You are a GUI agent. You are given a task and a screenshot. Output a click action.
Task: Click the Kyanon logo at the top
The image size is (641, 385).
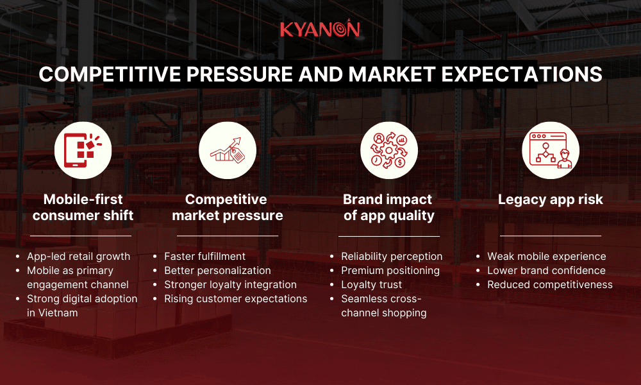(320, 30)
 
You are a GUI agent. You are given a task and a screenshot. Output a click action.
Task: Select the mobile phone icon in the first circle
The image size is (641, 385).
(83, 151)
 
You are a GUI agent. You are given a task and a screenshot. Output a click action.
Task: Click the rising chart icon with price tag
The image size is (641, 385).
(228, 151)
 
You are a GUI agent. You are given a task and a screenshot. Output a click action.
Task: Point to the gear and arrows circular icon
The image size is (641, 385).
(388, 151)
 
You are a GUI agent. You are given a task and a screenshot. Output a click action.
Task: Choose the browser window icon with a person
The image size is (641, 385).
(550, 151)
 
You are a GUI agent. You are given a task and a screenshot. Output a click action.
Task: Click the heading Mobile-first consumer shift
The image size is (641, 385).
(83, 207)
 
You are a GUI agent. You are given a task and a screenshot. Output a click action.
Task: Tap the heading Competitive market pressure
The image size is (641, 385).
(228, 207)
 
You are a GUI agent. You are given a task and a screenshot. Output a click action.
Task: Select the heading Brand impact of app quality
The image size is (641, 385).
(388, 207)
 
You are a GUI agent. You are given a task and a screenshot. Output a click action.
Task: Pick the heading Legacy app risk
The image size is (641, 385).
(551, 200)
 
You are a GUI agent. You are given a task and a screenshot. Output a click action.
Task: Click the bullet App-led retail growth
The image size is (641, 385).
(78, 256)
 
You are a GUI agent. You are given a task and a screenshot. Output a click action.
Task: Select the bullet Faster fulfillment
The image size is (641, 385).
(204, 256)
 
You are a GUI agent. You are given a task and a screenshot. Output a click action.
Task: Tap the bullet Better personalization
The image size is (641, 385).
(217, 270)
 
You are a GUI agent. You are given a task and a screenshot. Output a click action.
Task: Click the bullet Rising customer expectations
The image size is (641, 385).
(235, 298)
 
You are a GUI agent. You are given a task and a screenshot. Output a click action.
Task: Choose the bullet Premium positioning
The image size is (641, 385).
(390, 270)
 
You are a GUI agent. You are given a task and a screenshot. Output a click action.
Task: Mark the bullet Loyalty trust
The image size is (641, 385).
(372, 284)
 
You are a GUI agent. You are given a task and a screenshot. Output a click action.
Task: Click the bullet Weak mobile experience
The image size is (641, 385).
(546, 256)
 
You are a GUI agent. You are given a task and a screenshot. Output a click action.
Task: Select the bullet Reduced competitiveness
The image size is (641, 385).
(550, 284)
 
